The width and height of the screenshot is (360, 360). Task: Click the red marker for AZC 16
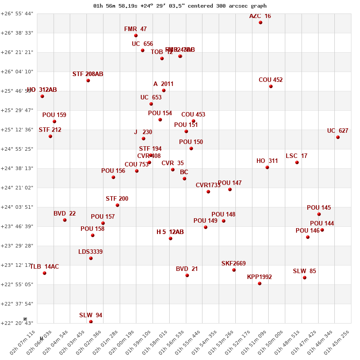coord(261,22)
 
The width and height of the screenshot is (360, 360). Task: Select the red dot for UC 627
coord(338,137)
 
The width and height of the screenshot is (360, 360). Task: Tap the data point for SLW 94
coord(91,322)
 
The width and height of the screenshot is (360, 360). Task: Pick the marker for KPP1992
coord(260,283)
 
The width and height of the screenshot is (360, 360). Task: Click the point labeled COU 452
coord(271,86)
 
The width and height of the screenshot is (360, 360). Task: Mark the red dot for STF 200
coord(117,205)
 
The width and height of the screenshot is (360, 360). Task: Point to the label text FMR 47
coord(135,29)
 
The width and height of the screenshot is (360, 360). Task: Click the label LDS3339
coord(90,252)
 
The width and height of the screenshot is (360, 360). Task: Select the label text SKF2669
coord(234,264)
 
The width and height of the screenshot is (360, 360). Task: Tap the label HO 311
coord(267,161)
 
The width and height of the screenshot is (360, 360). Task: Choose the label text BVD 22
coord(65,214)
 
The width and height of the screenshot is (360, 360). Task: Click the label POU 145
coord(319,208)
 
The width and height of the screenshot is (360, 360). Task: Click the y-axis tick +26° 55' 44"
coord(17,13)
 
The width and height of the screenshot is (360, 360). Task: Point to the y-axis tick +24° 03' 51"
coord(17,207)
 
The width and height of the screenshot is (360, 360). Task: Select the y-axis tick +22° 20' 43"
coord(17,323)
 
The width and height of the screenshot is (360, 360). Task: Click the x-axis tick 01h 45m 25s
coord(340,345)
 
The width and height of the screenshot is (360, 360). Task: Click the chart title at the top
coord(180,6)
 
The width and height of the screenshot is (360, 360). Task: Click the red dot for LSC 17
coord(297,162)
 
